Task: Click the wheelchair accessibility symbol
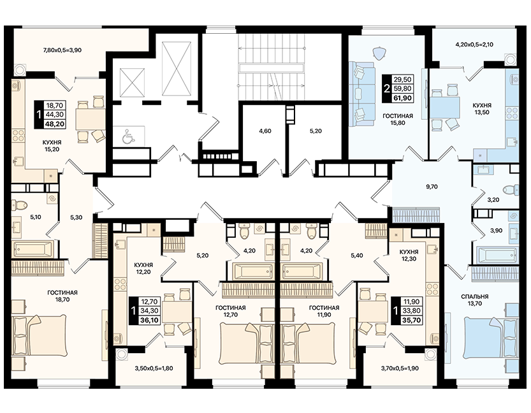coord(127,136)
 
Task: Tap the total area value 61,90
coord(402,98)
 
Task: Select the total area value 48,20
coord(55,124)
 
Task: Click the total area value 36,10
coord(150,319)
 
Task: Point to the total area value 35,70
coord(412,319)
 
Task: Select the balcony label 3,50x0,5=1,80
coord(154,368)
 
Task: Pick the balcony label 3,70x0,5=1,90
coord(400,368)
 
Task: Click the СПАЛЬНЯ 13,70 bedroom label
coord(474,300)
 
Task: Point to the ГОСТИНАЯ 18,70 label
coord(62,296)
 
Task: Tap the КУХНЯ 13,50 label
coord(482,108)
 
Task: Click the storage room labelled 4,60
coord(265,131)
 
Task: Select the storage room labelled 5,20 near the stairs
coord(316,131)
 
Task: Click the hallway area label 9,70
coord(432,187)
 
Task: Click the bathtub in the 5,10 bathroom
coord(33,249)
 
